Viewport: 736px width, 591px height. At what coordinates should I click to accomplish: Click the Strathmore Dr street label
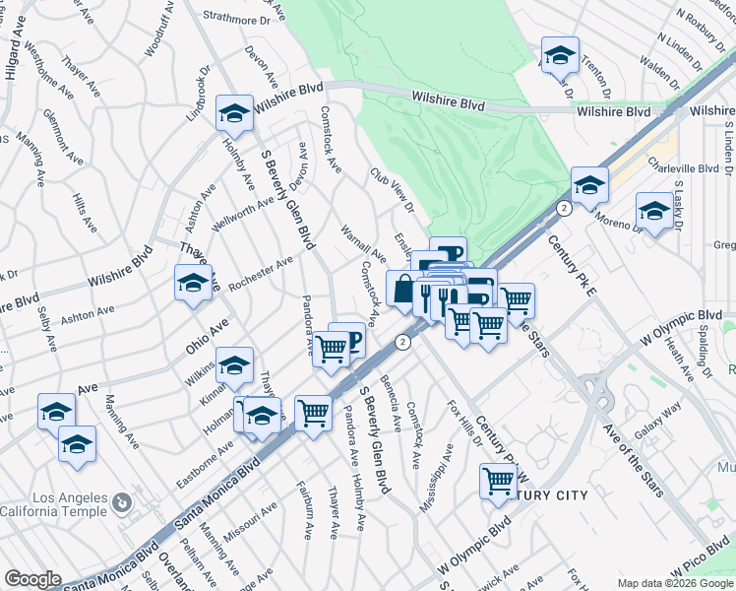[x=238, y=19]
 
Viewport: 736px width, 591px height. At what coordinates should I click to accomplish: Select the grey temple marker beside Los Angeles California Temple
[x=121, y=502]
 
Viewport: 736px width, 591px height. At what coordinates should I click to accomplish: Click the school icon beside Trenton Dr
[x=560, y=56]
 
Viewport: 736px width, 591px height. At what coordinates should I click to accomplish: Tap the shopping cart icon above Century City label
[x=499, y=481]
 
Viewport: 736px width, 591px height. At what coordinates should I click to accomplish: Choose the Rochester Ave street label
[x=261, y=275]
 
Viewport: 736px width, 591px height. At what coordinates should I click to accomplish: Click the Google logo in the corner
[x=31, y=579]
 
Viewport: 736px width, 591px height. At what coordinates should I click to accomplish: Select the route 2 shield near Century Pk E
[x=563, y=209]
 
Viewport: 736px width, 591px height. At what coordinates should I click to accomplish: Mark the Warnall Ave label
[x=363, y=242]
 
